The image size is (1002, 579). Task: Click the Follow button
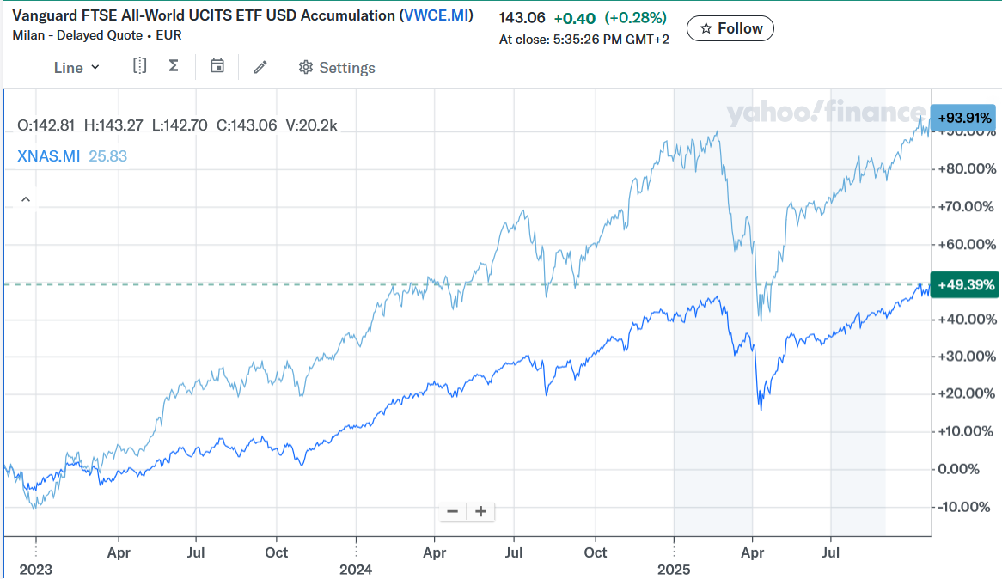[x=731, y=28]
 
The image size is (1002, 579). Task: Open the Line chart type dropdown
[x=76, y=68]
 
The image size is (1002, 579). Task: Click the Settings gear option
[x=337, y=68]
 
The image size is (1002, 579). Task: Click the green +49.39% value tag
[x=965, y=284]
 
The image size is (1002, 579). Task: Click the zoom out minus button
[x=453, y=511]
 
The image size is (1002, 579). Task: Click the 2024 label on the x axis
[x=356, y=570]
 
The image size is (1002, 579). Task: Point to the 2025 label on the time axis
[x=674, y=570]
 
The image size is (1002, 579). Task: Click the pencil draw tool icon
[x=260, y=67]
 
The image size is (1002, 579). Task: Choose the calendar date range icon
[x=217, y=66]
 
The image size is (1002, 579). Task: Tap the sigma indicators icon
[x=174, y=66]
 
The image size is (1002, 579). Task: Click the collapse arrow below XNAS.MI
[x=26, y=199]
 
